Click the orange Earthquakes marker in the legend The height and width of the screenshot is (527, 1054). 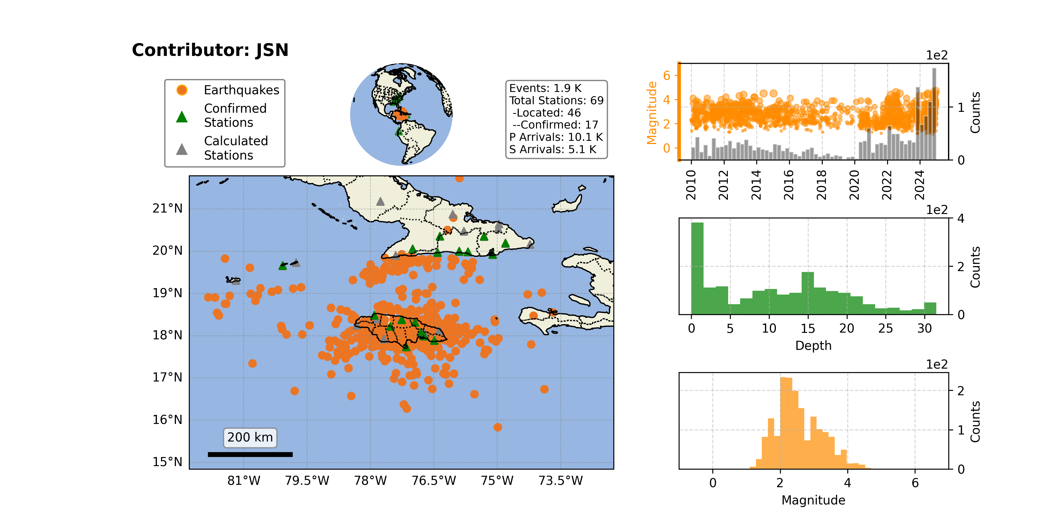pyautogui.click(x=182, y=90)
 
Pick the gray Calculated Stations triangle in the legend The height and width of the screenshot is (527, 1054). pyautogui.click(x=182, y=149)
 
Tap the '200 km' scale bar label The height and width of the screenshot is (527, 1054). pyautogui.click(x=250, y=437)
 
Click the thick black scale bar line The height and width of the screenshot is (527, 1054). pyautogui.click(x=250, y=454)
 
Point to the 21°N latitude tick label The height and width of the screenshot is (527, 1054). pyautogui.click(x=167, y=209)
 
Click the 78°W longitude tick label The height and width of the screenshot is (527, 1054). pyautogui.click(x=370, y=480)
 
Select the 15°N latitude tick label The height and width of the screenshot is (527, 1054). pyautogui.click(x=167, y=462)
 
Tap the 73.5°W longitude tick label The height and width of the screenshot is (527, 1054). pyautogui.click(x=561, y=480)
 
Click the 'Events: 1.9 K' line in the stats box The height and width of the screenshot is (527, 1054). pyautogui.click(x=545, y=88)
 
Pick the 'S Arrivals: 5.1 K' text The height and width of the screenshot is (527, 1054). pyautogui.click(x=553, y=149)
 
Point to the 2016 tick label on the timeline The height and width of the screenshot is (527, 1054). pyautogui.click(x=788, y=185)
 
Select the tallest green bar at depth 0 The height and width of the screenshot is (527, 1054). pyautogui.click(x=697, y=268)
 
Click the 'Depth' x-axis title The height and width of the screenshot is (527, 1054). pyautogui.click(x=813, y=346)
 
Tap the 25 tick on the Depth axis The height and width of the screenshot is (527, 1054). pyautogui.click(x=885, y=328)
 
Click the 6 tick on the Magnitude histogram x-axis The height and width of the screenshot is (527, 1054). pyautogui.click(x=915, y=483)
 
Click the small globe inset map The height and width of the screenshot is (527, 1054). pyautogui.click(x=401, y=114)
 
